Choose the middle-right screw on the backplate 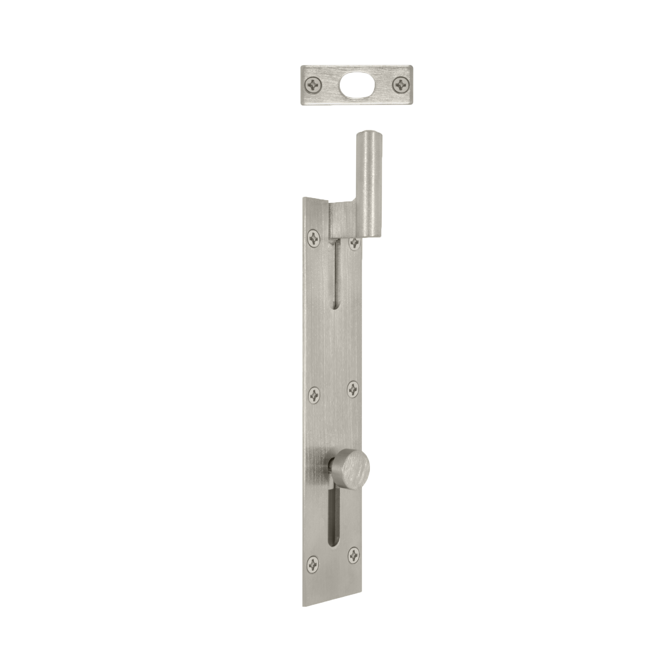point(353,389)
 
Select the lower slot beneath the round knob point(334,519)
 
